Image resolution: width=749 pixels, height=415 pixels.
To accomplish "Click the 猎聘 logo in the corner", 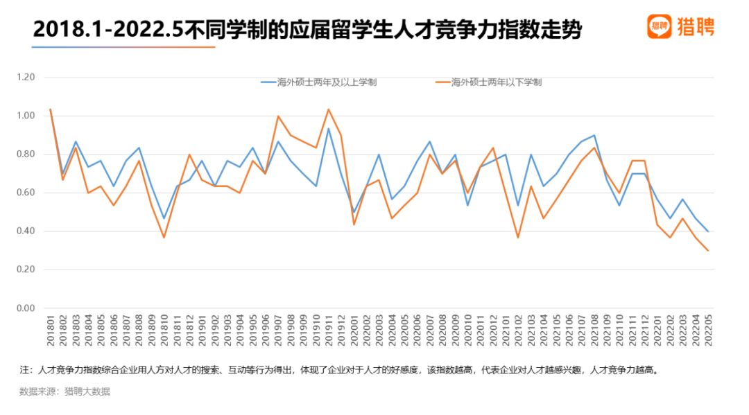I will click(680, 26).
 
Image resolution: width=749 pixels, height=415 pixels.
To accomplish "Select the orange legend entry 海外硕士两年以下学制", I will click(488, 82).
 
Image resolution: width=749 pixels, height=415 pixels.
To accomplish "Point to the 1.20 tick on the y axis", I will click(26, 77).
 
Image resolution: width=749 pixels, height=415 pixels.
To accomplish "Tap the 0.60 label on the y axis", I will click(26, 193).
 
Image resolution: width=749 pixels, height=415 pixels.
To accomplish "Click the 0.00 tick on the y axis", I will click(26, 308).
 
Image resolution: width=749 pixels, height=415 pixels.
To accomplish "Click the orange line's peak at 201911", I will click(328, 109).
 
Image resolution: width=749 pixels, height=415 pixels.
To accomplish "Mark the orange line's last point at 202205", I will click(708, 251).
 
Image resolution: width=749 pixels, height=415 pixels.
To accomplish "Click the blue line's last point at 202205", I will click(708, 231).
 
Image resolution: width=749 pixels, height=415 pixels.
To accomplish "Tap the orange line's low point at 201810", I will click(164, 238).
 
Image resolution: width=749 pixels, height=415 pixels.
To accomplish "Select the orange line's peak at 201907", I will click(277, 116).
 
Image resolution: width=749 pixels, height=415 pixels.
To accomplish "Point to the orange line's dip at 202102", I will click(518, 238).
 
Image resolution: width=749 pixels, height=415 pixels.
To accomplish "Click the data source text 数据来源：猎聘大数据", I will click(64, 391).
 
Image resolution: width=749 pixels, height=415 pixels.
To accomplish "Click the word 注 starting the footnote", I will click(24, 370).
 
